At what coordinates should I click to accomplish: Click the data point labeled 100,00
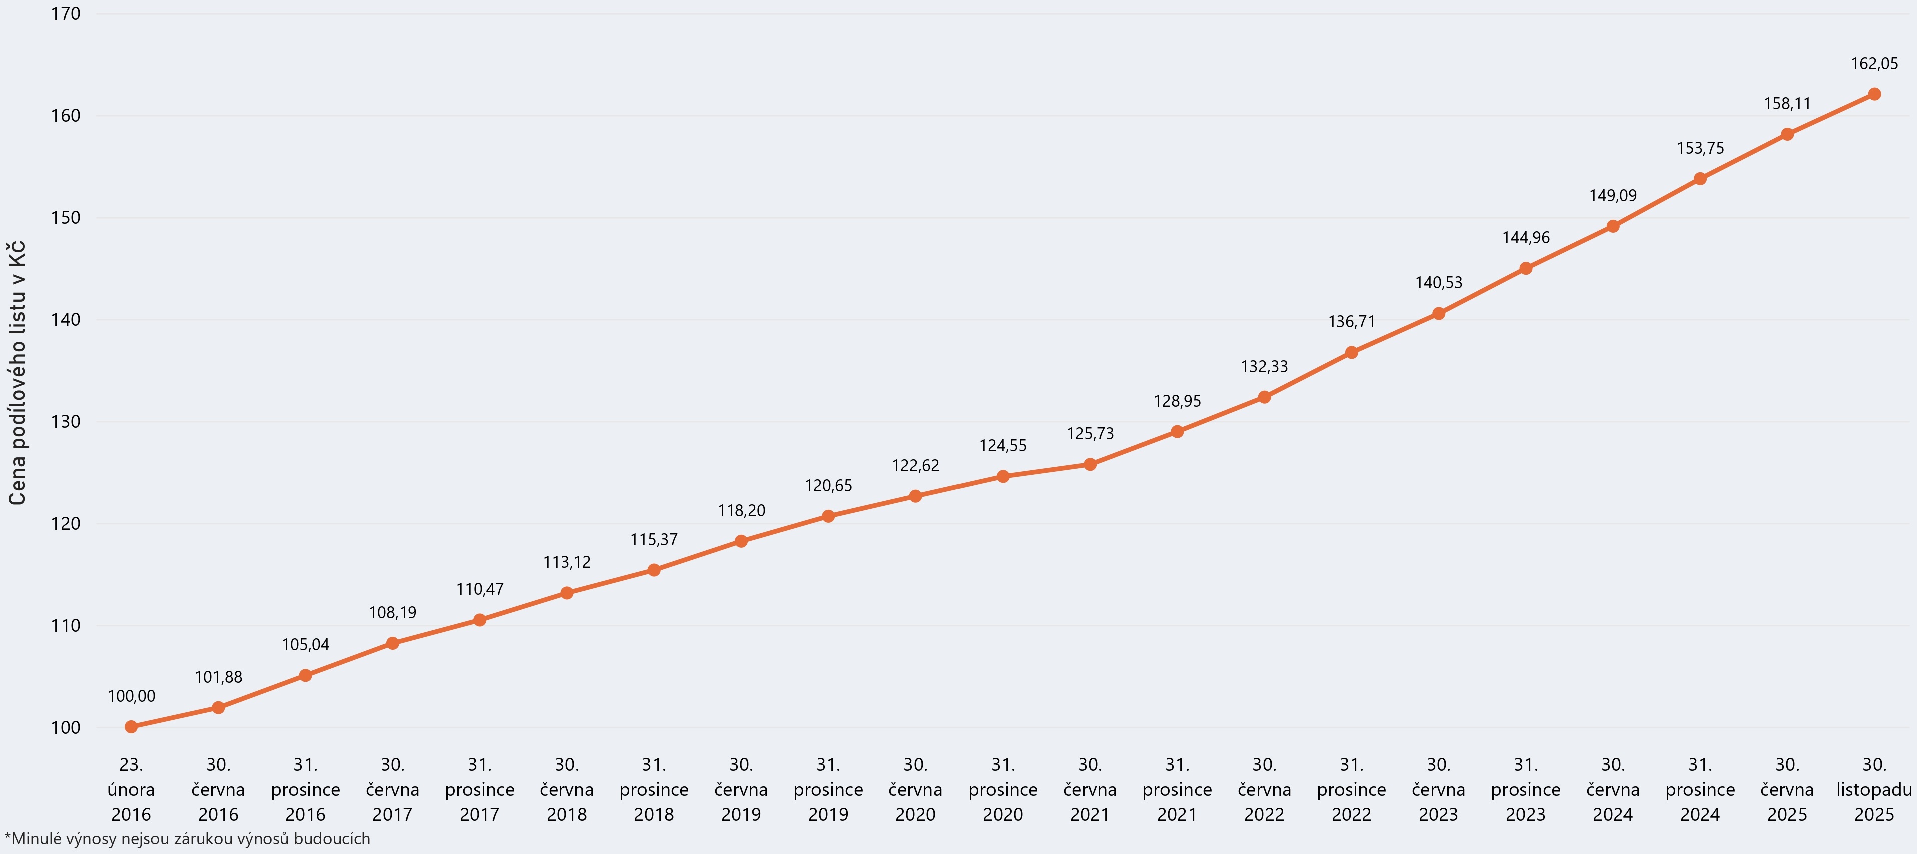131,727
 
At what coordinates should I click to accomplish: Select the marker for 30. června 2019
741,541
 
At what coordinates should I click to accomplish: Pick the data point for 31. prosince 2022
1351,352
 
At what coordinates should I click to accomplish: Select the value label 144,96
1526,238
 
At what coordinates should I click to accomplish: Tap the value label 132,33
1264,366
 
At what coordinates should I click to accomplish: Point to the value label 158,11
1787,104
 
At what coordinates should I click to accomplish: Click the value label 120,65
828,486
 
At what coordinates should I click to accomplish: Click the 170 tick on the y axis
66,14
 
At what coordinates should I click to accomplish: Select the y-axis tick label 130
66,422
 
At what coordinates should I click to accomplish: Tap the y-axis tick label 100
66,727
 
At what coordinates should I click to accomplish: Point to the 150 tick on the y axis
66,218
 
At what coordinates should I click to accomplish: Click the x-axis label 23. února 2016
131,789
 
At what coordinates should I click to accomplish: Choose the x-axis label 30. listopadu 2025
1874,789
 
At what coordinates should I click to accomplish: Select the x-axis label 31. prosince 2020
1003,789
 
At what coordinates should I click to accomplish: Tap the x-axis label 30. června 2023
1438,789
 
